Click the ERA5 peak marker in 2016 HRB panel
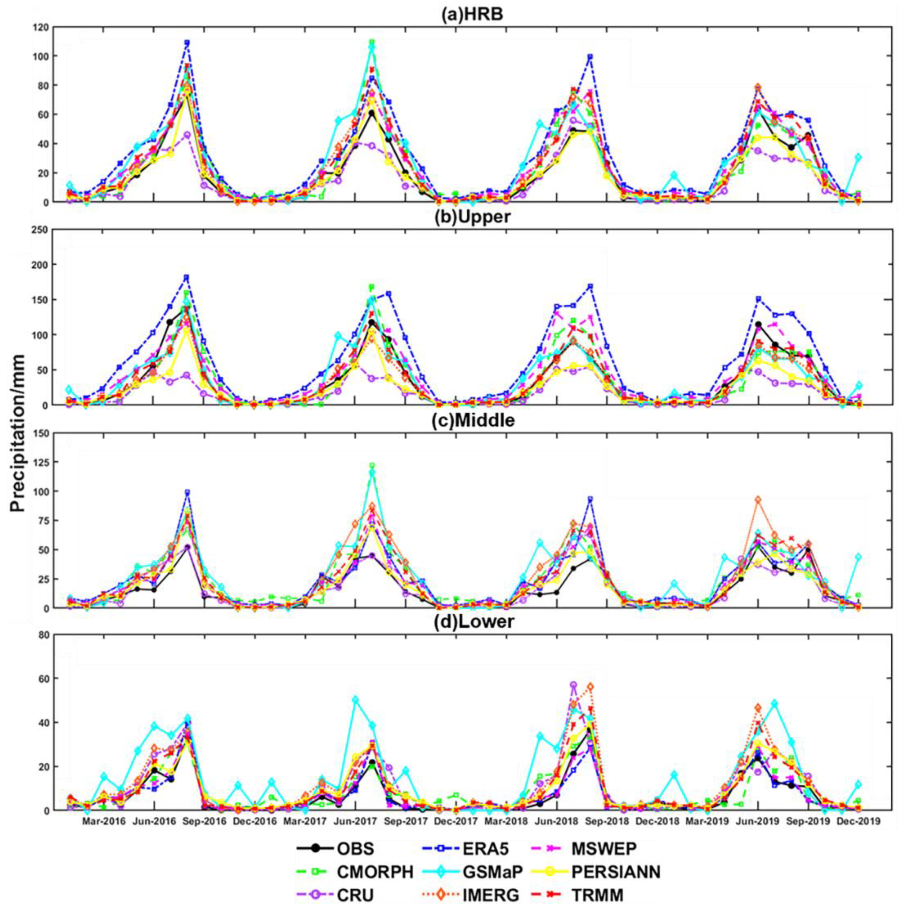tap(187, 43)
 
